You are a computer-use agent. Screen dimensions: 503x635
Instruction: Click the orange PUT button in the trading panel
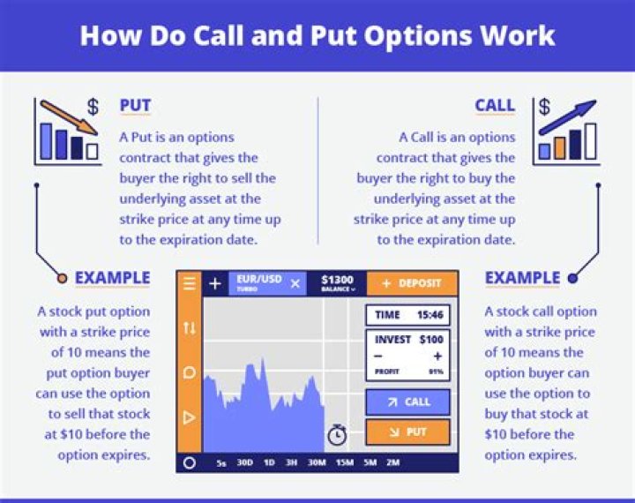tap(407, 432)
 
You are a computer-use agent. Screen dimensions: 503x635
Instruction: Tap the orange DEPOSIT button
tap(412, 283)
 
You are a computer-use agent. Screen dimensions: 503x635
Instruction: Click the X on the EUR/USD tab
tap(295, 283)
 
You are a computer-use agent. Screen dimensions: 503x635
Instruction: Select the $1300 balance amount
tap(336, 279)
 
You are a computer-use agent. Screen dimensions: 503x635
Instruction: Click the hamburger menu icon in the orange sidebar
tap(189, 283)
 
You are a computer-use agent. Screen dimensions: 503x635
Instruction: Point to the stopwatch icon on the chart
tap(337, 434)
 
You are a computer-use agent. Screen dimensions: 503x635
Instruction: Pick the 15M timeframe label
tap(343, 462)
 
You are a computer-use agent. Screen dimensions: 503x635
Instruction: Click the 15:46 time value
tap(430, 315)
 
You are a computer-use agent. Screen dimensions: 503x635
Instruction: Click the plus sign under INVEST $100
tap(437, 356)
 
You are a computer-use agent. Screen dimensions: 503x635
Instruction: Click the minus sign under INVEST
tap(378, 356)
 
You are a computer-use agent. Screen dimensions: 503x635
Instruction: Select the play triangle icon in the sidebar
tap(189, 417)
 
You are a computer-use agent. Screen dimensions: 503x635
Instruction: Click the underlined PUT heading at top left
tap(135, 106)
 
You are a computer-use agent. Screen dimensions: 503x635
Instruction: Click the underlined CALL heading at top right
tap(494, 106)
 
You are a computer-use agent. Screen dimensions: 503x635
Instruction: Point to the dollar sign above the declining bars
tap(93, 108)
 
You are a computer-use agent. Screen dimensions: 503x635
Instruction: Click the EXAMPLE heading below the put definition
tap(112, 278)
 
